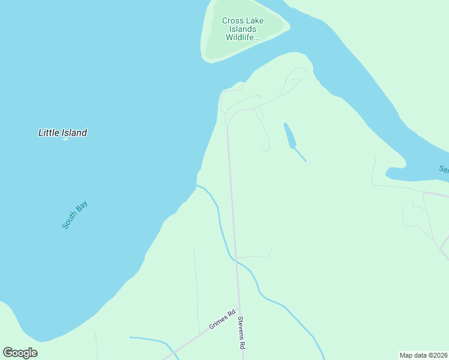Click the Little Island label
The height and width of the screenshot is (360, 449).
click(62, 133)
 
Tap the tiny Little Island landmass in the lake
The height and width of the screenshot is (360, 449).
click(65, 139)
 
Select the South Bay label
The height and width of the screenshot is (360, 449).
click(75, 215)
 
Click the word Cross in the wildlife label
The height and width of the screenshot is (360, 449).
click(233, 20)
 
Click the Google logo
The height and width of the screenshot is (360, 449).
click(20, 353)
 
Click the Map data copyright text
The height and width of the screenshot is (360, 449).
click(423, 355)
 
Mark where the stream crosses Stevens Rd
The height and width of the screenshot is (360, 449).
click(236, 261)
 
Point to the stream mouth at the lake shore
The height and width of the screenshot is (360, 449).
click(197, 185)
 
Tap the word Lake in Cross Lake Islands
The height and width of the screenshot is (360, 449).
click(255, 20)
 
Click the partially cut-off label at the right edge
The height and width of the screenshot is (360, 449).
click(444, 169)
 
